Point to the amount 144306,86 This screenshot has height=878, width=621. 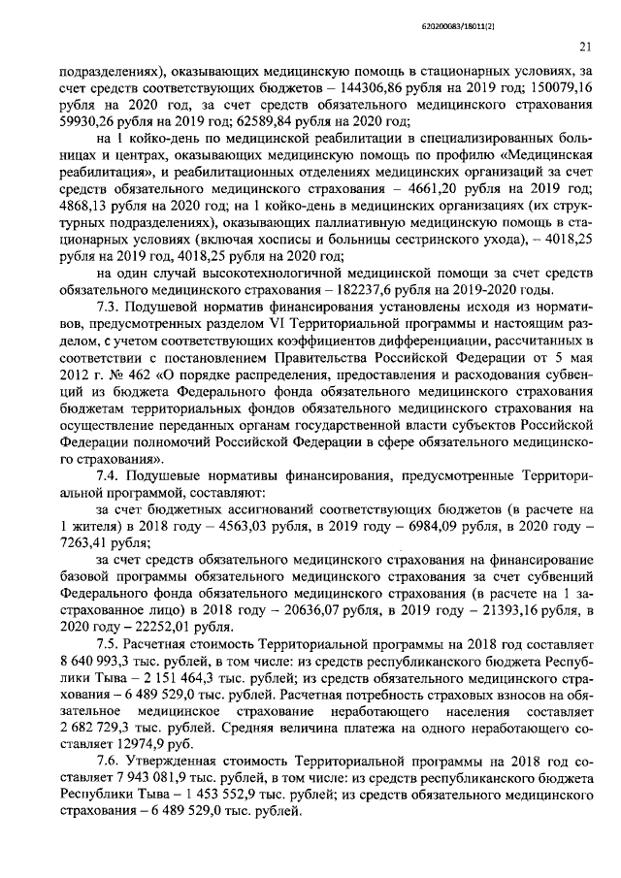click(x=370, y=86)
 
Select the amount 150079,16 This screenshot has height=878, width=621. click(x=560, y=86)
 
